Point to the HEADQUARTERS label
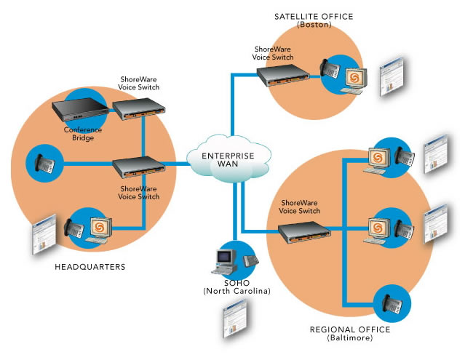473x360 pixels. pos(90,267)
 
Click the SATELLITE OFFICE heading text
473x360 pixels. pos(314,16)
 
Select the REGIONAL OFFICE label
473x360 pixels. pos(350,329)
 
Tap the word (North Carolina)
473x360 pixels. pos(236,291)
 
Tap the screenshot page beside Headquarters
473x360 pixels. pos(44,234)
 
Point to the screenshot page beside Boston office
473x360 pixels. pos(393,76)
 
